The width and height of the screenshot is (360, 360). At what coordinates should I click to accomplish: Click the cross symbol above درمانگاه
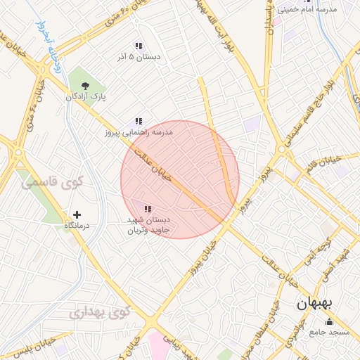tap(77, 214)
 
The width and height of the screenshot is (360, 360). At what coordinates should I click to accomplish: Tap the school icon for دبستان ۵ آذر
tap(139, 46)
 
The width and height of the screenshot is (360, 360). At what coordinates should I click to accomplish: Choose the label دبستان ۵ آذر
tap(139, 58)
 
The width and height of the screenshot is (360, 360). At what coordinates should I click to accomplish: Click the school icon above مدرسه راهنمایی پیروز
tap(139, 120)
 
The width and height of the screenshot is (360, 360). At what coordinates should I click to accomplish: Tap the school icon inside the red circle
tap(148, 208)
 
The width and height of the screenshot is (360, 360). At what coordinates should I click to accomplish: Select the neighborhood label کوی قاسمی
tap(52, 182)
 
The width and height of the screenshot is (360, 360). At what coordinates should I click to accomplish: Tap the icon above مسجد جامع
tap(330, 322)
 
